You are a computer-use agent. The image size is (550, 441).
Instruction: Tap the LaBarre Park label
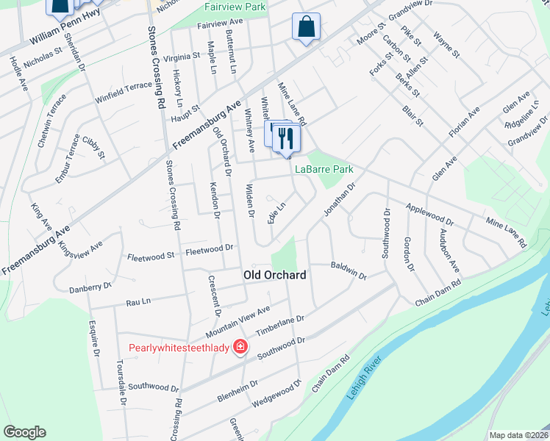(x=324, y=169)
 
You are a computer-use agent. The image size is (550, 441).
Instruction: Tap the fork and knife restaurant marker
(x=286, y=138)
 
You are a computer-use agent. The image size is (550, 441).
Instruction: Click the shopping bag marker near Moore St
(x=306, y=28)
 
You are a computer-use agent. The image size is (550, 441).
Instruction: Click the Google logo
(x=24, y=431)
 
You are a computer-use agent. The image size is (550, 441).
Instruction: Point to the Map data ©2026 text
(x=518, y=435)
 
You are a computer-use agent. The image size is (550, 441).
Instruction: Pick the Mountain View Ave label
(x=243, y=317)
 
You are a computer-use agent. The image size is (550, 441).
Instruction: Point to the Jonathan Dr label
(x=340, y=198)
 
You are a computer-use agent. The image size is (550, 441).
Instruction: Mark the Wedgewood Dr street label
(x=277, y=395)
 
